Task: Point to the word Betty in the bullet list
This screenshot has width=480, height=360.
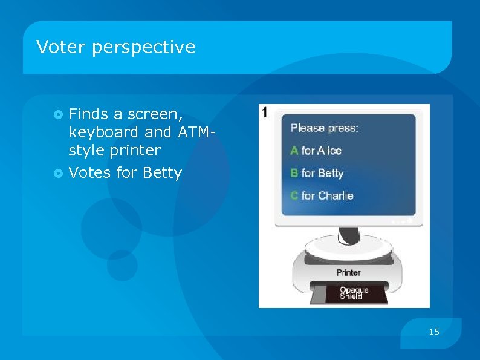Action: click(162, 173)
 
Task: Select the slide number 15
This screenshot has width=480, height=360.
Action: click(434, 332)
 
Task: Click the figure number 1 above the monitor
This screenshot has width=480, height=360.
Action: click(264, 112)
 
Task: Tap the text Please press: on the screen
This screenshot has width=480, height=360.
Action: click(324, 128)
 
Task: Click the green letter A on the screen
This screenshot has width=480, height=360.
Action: click(294, 151)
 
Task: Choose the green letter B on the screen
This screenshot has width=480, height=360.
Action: click(294, 173)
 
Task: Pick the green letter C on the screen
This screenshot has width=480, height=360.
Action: click(294, 195)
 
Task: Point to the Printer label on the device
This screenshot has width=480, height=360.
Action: click(348, 273)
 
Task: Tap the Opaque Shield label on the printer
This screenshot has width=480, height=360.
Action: click(354, 293)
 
